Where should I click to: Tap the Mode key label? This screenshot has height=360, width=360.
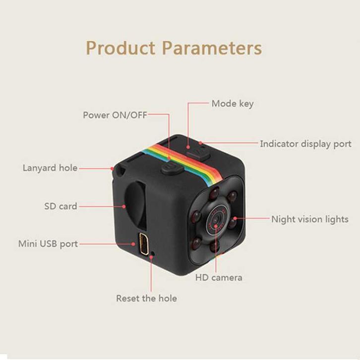point(232,104)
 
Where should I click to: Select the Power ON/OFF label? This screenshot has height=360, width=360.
point(115,115)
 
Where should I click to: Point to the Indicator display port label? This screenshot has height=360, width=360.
point(305,144)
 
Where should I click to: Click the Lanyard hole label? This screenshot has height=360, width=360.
point(50,168)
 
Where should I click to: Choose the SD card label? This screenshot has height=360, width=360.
point(60,205)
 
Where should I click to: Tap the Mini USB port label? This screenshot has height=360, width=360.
point(48,244)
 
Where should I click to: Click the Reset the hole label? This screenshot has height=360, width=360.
point(146,298)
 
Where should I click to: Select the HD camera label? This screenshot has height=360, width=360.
point(219,277)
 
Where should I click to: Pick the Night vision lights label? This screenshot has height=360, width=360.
point(309,219)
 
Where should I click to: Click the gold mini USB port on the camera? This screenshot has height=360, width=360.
point(141,243)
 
